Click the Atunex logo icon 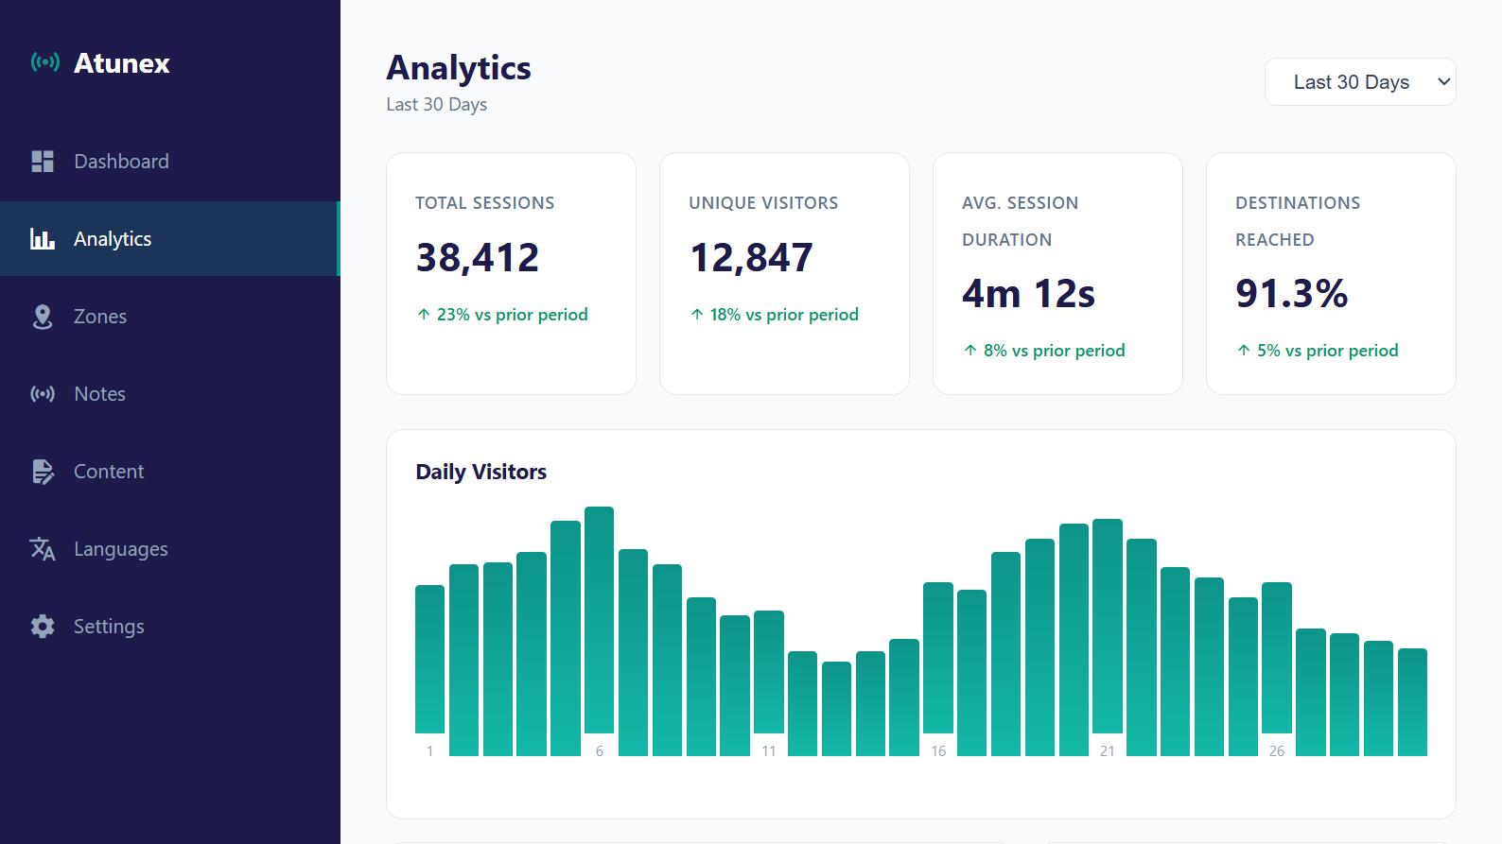(44, 62)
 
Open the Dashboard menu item (121, 162)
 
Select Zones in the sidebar (99, 317)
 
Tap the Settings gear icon (43, 627)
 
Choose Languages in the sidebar (120, 549)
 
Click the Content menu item (109, 472)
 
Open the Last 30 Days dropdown (1359, 82)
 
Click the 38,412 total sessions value (477, 258)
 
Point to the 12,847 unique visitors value (751, 258)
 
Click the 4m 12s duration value (1028, 294)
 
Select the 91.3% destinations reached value (1291, 294)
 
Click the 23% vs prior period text (511, 315)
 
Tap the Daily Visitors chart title (480, 472)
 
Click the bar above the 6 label (599, 619)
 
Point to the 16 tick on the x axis (938, 751)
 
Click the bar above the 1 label (429, 659)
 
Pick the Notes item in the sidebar (99, 394)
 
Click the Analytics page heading (459, 68)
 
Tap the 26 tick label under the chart (1277, 751)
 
